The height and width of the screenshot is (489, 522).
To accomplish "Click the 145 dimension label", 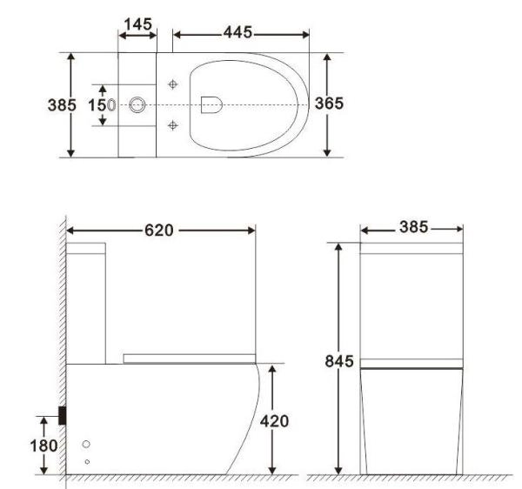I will pos(137,24).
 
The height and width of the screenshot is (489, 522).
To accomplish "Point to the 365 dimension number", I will pos(329,104).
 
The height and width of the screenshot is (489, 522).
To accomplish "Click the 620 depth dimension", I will pos(160,231).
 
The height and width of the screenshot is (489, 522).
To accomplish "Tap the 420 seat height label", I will pos(274,422).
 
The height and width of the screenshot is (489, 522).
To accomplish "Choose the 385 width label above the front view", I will pos(412,227).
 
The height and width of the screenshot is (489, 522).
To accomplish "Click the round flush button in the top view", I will pos(137,104).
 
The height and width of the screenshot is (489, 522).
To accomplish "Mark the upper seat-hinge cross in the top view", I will pos(173,84).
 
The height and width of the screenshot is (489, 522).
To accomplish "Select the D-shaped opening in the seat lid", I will pos(210,104).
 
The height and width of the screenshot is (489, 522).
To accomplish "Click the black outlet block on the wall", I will pos(63,415).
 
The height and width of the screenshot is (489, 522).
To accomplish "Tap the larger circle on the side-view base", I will pos(86,445).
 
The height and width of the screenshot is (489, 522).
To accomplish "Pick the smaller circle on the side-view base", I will pos(86,460).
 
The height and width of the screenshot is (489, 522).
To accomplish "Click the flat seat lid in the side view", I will pos(189,358).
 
